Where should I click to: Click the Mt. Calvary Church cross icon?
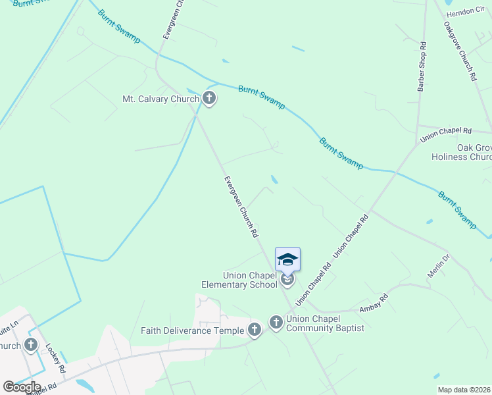pyautogui.click(x=209, y=99)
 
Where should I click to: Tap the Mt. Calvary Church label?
pyautogui.click(x=160, y=99)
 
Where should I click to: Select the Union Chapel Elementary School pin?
pyautogui.click(x=287, y=259)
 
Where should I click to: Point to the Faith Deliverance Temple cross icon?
pyautogui.click(x=255, y=330)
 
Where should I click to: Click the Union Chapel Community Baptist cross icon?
pyautogui.click(x=276, y=323)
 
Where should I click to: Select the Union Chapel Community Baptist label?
pyautogui.click(x=325, y=323)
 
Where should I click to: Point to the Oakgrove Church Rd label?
pyautogui.click(x=460, y=51)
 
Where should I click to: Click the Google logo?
pyautogui.click(x=22, y=386)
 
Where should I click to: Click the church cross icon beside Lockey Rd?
pyautogui.click(x=30, y=344)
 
